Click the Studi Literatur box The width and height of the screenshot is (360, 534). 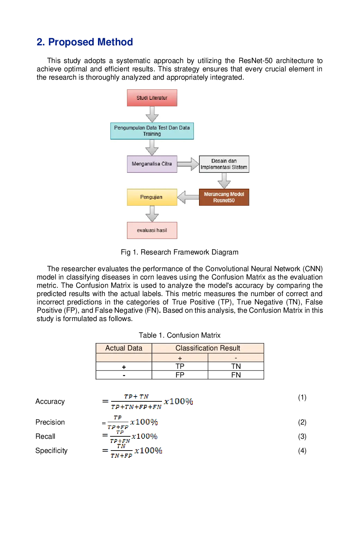(x=152, y=98)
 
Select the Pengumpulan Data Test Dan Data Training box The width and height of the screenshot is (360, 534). (x=152, y=131)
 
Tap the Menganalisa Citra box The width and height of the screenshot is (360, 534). (x=152, y=164)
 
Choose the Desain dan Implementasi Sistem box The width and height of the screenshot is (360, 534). (x=224, y=164)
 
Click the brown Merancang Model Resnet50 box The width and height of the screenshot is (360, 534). (x=224, y=197)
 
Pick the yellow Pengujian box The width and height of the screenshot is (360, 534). (x=152, y=197)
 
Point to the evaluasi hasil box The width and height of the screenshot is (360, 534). (x=152, y=230)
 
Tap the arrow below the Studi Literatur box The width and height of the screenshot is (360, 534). (x=152, y=114)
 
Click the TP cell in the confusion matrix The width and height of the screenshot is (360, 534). (x=180, y=366)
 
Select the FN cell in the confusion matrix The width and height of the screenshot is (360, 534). (x=236, y=375)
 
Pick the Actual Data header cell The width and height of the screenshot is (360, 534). (x=124, y=348)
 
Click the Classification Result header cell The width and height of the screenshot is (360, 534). (x=208, y=348)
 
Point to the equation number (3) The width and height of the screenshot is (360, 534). (x=302, y=436)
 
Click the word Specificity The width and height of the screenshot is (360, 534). (x=52, y=451)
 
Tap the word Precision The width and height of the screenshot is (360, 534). (x=50, y=422)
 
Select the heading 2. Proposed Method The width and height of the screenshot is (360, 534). (x=84, y=42)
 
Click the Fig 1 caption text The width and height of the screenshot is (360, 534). (x=179, y=252)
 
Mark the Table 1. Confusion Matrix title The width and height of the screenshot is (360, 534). (x=180, y=335)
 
